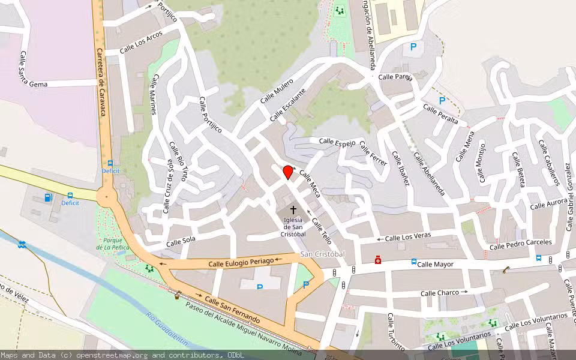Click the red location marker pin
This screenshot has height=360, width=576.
(288, 172)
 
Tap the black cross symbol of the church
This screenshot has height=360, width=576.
(293, 210)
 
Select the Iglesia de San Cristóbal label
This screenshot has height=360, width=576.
(293, 227)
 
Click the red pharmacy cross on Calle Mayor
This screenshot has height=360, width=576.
(377, 260)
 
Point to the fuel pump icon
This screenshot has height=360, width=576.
(48, 197)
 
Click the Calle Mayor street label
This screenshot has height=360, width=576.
(436, 264)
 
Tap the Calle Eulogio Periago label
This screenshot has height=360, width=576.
(241, 262)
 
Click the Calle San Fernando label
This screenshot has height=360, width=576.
(232, 309)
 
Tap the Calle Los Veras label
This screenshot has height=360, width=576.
(408, 238)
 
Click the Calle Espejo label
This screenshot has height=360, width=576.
(337, 142)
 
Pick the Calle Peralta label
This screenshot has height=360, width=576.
(440, 114)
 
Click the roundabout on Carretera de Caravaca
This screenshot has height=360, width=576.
(107, 196)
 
